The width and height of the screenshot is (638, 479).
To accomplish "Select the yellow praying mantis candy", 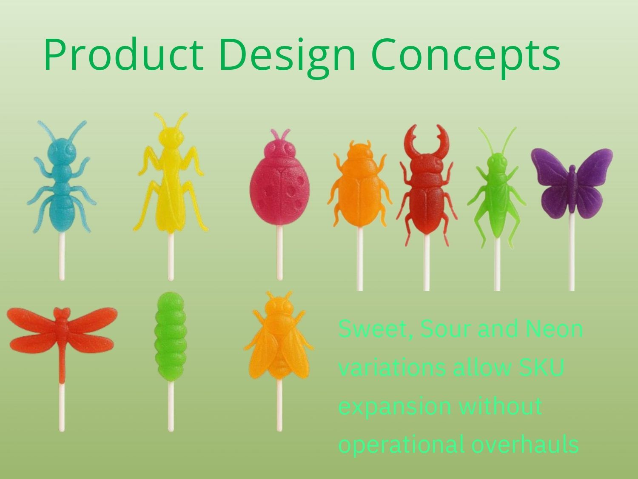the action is pos(171,186).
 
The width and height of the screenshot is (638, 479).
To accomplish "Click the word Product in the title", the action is pos(123,54).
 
